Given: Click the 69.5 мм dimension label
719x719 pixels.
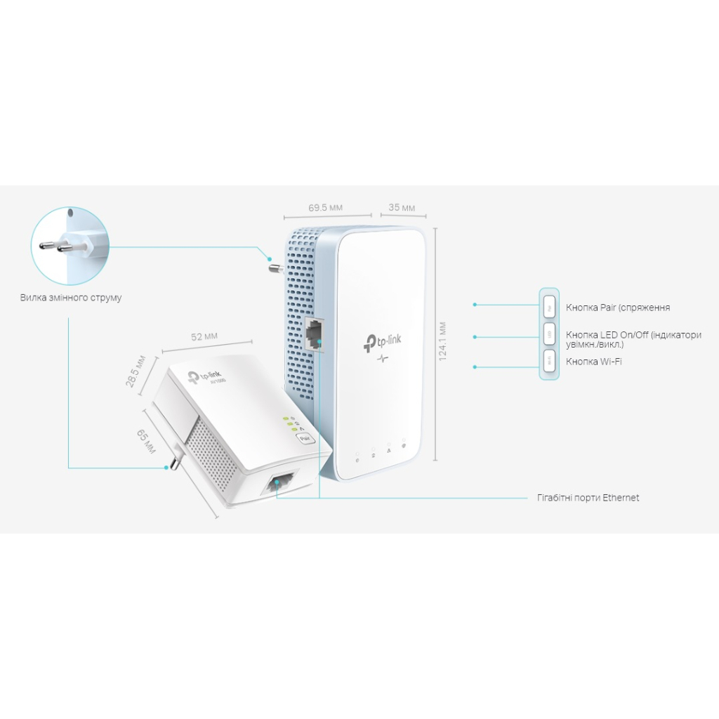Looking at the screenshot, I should point(326,207).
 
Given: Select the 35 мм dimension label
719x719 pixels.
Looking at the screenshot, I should point(402,207).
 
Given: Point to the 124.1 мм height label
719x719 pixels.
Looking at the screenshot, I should point(442,341).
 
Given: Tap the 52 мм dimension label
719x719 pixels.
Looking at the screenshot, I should point(204,336).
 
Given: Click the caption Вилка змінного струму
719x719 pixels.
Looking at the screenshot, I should point(71,298).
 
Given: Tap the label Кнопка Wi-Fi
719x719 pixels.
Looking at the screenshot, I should point(593,362).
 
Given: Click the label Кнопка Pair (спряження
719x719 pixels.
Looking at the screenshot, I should point(618,308).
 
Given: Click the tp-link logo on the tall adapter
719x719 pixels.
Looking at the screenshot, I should point(383,342).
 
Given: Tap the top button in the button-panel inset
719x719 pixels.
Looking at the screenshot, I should point(549,306).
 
